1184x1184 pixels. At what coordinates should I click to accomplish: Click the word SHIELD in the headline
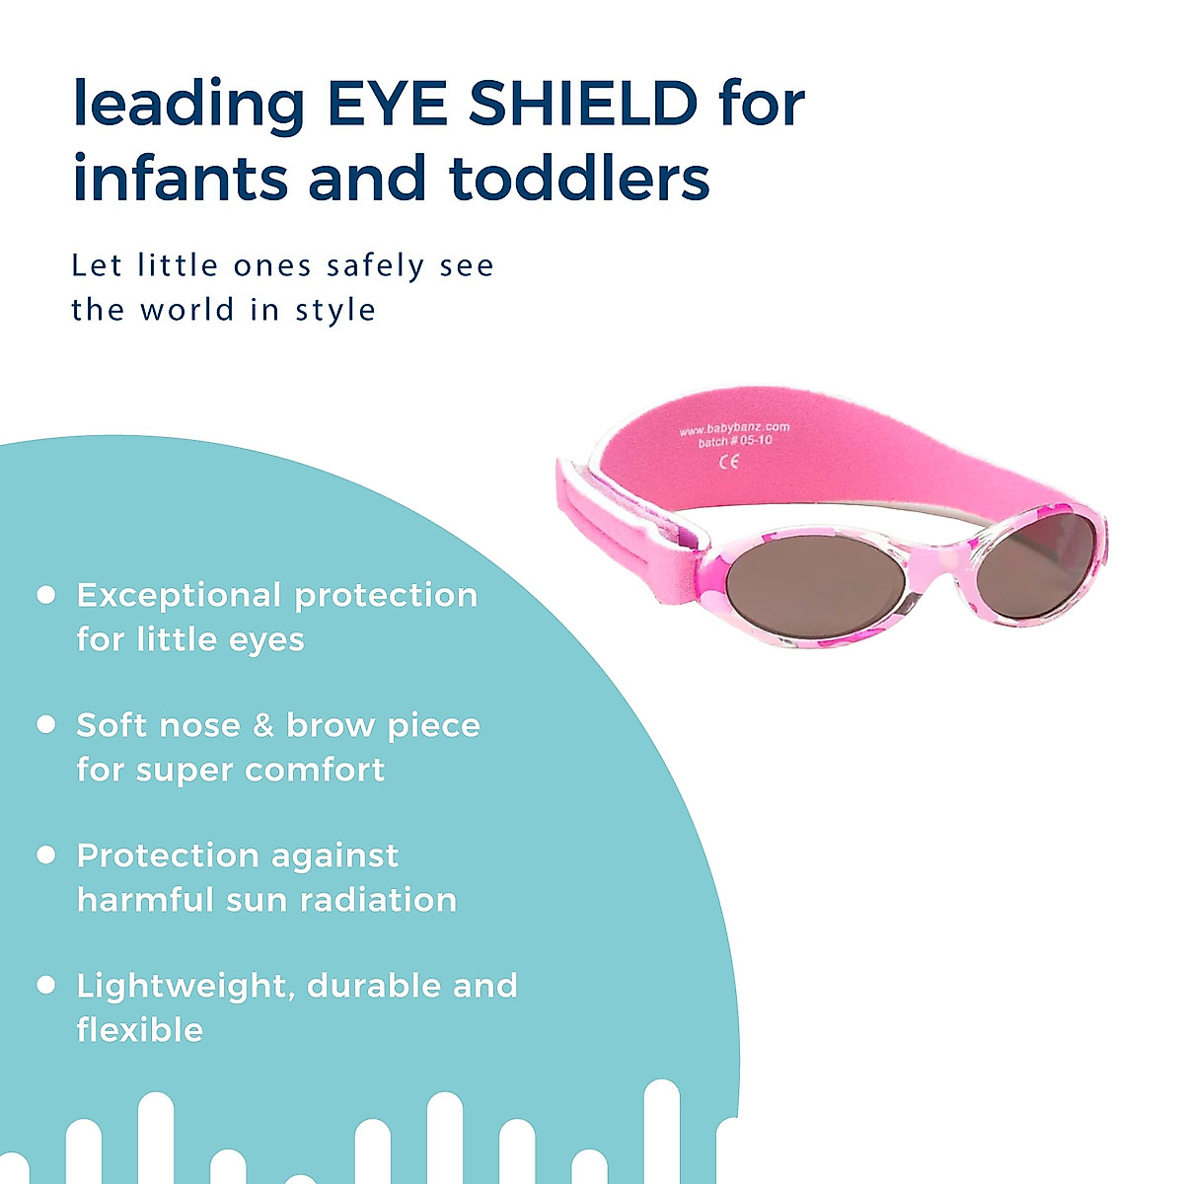point(583,103)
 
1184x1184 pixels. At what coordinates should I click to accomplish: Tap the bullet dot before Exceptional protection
point(45,595)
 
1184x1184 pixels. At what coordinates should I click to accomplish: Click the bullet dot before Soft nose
point(45,725)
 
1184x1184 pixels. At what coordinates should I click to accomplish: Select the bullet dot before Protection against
point(45,854)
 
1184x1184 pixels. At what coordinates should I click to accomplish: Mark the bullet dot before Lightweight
point(45,985)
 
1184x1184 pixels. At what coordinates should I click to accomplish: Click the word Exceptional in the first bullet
point(178,595)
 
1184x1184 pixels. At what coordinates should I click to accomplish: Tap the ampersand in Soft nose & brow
point(262,725)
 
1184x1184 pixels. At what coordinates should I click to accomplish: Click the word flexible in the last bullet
point(140,1030)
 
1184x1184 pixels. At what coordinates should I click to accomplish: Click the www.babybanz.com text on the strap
point(734,428)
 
